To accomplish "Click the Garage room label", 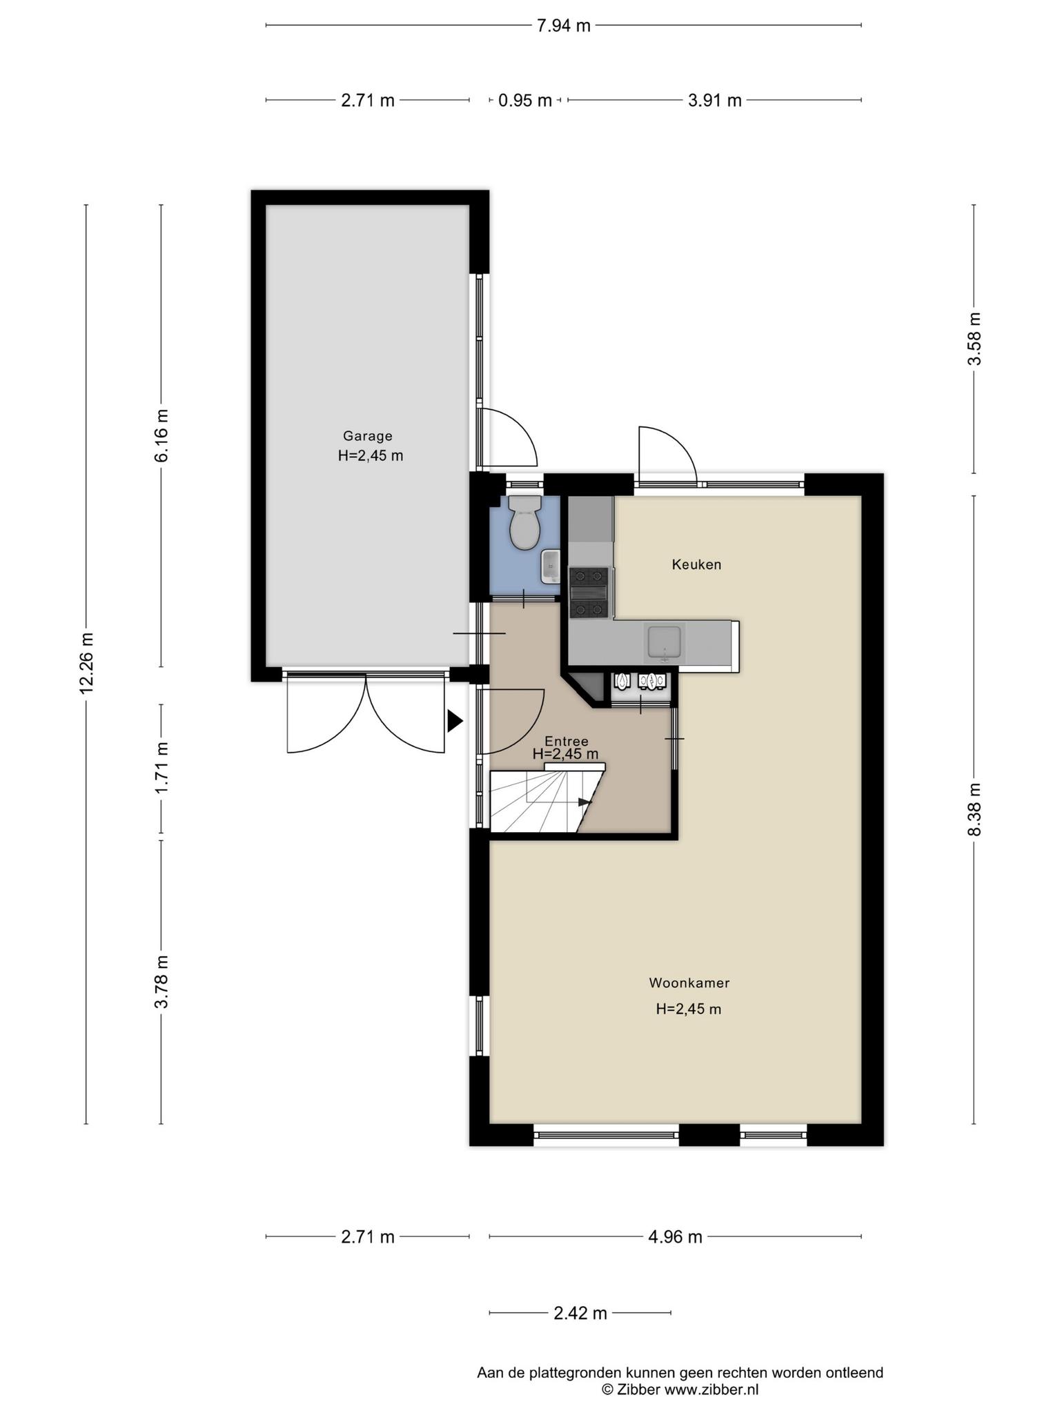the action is [368, 436].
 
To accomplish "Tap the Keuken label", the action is [696, 564].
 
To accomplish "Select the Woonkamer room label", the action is [689, 982].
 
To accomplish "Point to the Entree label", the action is [566, 741].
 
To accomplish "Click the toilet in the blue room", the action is [524, 523].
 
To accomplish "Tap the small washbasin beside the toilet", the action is [550, 566].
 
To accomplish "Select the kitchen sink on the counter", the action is [664, 642].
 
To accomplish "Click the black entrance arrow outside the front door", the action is [455, 721].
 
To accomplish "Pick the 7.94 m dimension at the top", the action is [564, 26].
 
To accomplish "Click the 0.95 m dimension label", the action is [525, 100].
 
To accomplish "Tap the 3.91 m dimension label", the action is [714, 100].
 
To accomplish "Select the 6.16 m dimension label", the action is [161, 436].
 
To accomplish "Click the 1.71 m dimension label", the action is [161, 767].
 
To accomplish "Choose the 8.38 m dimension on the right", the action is [974, 809].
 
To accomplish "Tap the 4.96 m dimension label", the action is [675, 1237].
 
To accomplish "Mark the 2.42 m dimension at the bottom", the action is [580, 1313].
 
